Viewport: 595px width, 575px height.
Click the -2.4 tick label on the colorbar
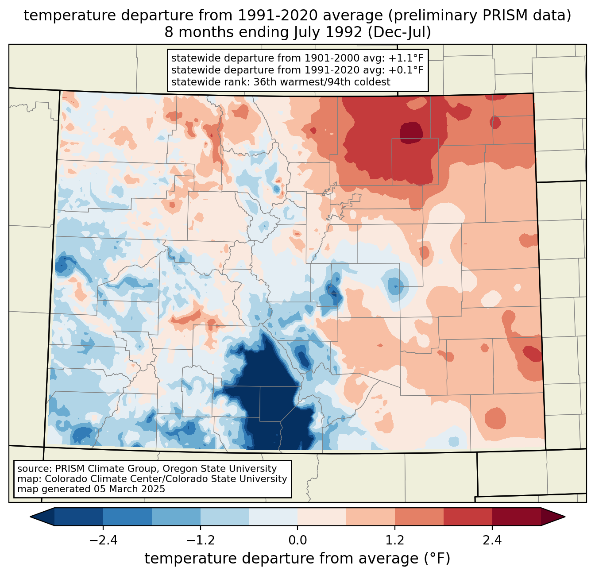[103, 540]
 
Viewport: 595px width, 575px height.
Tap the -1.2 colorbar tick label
[201, 540]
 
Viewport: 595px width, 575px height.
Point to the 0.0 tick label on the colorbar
[297, 540]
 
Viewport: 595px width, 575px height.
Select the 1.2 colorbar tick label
[395, 540]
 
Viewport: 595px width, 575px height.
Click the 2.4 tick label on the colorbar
[492, 540]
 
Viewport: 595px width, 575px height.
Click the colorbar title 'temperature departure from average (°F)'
[297, 559]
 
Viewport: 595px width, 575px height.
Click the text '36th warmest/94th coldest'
[322, 82]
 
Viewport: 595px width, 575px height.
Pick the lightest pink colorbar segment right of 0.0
[322, 517]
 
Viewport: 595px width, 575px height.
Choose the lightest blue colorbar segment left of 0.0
[273, 517]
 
